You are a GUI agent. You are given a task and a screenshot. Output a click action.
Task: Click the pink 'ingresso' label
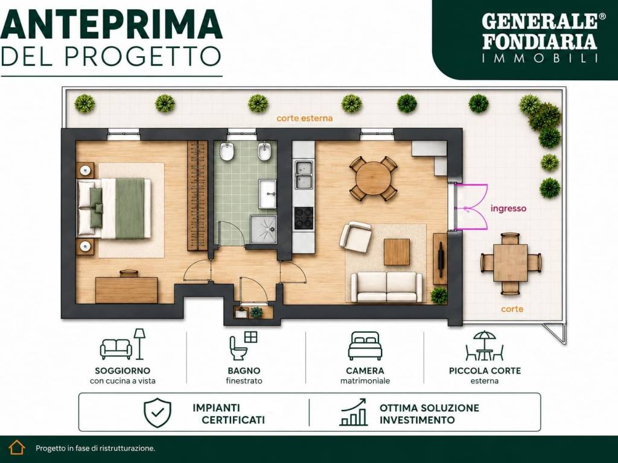[x=508, y=209]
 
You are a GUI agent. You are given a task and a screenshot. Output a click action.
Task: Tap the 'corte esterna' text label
[x=304, y=118]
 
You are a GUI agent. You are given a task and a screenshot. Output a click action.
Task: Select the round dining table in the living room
[x=373, y=178]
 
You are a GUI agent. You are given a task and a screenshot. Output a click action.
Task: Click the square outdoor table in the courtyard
[x=511, y=263]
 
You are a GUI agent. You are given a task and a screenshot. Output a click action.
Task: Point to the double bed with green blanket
[x=114, y=208]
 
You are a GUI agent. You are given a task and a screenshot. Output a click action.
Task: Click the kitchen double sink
[x=304, y=175]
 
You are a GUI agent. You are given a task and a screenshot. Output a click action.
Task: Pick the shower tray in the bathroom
[x=263, y=228]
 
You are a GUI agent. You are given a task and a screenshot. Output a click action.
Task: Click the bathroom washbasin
[x=267, y=194]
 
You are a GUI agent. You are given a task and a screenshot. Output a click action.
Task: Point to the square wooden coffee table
[x=397, y=252]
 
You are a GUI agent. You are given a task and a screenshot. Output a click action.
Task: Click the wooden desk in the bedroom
[x=127, y=290]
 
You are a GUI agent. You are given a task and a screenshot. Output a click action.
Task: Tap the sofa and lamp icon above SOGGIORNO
[x=123, y=344]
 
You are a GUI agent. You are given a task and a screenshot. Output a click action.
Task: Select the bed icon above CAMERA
[x=365, y=345]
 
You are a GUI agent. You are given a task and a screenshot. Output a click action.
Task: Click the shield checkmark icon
[x=158, y=412]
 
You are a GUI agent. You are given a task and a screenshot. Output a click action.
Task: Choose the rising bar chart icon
[x=353, y=412]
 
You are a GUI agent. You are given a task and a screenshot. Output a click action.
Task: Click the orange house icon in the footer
[x=17, y=447]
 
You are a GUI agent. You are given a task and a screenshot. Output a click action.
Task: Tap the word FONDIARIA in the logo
[x=540, y=42]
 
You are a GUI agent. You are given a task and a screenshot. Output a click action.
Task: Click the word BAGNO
[x=244, y=371]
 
